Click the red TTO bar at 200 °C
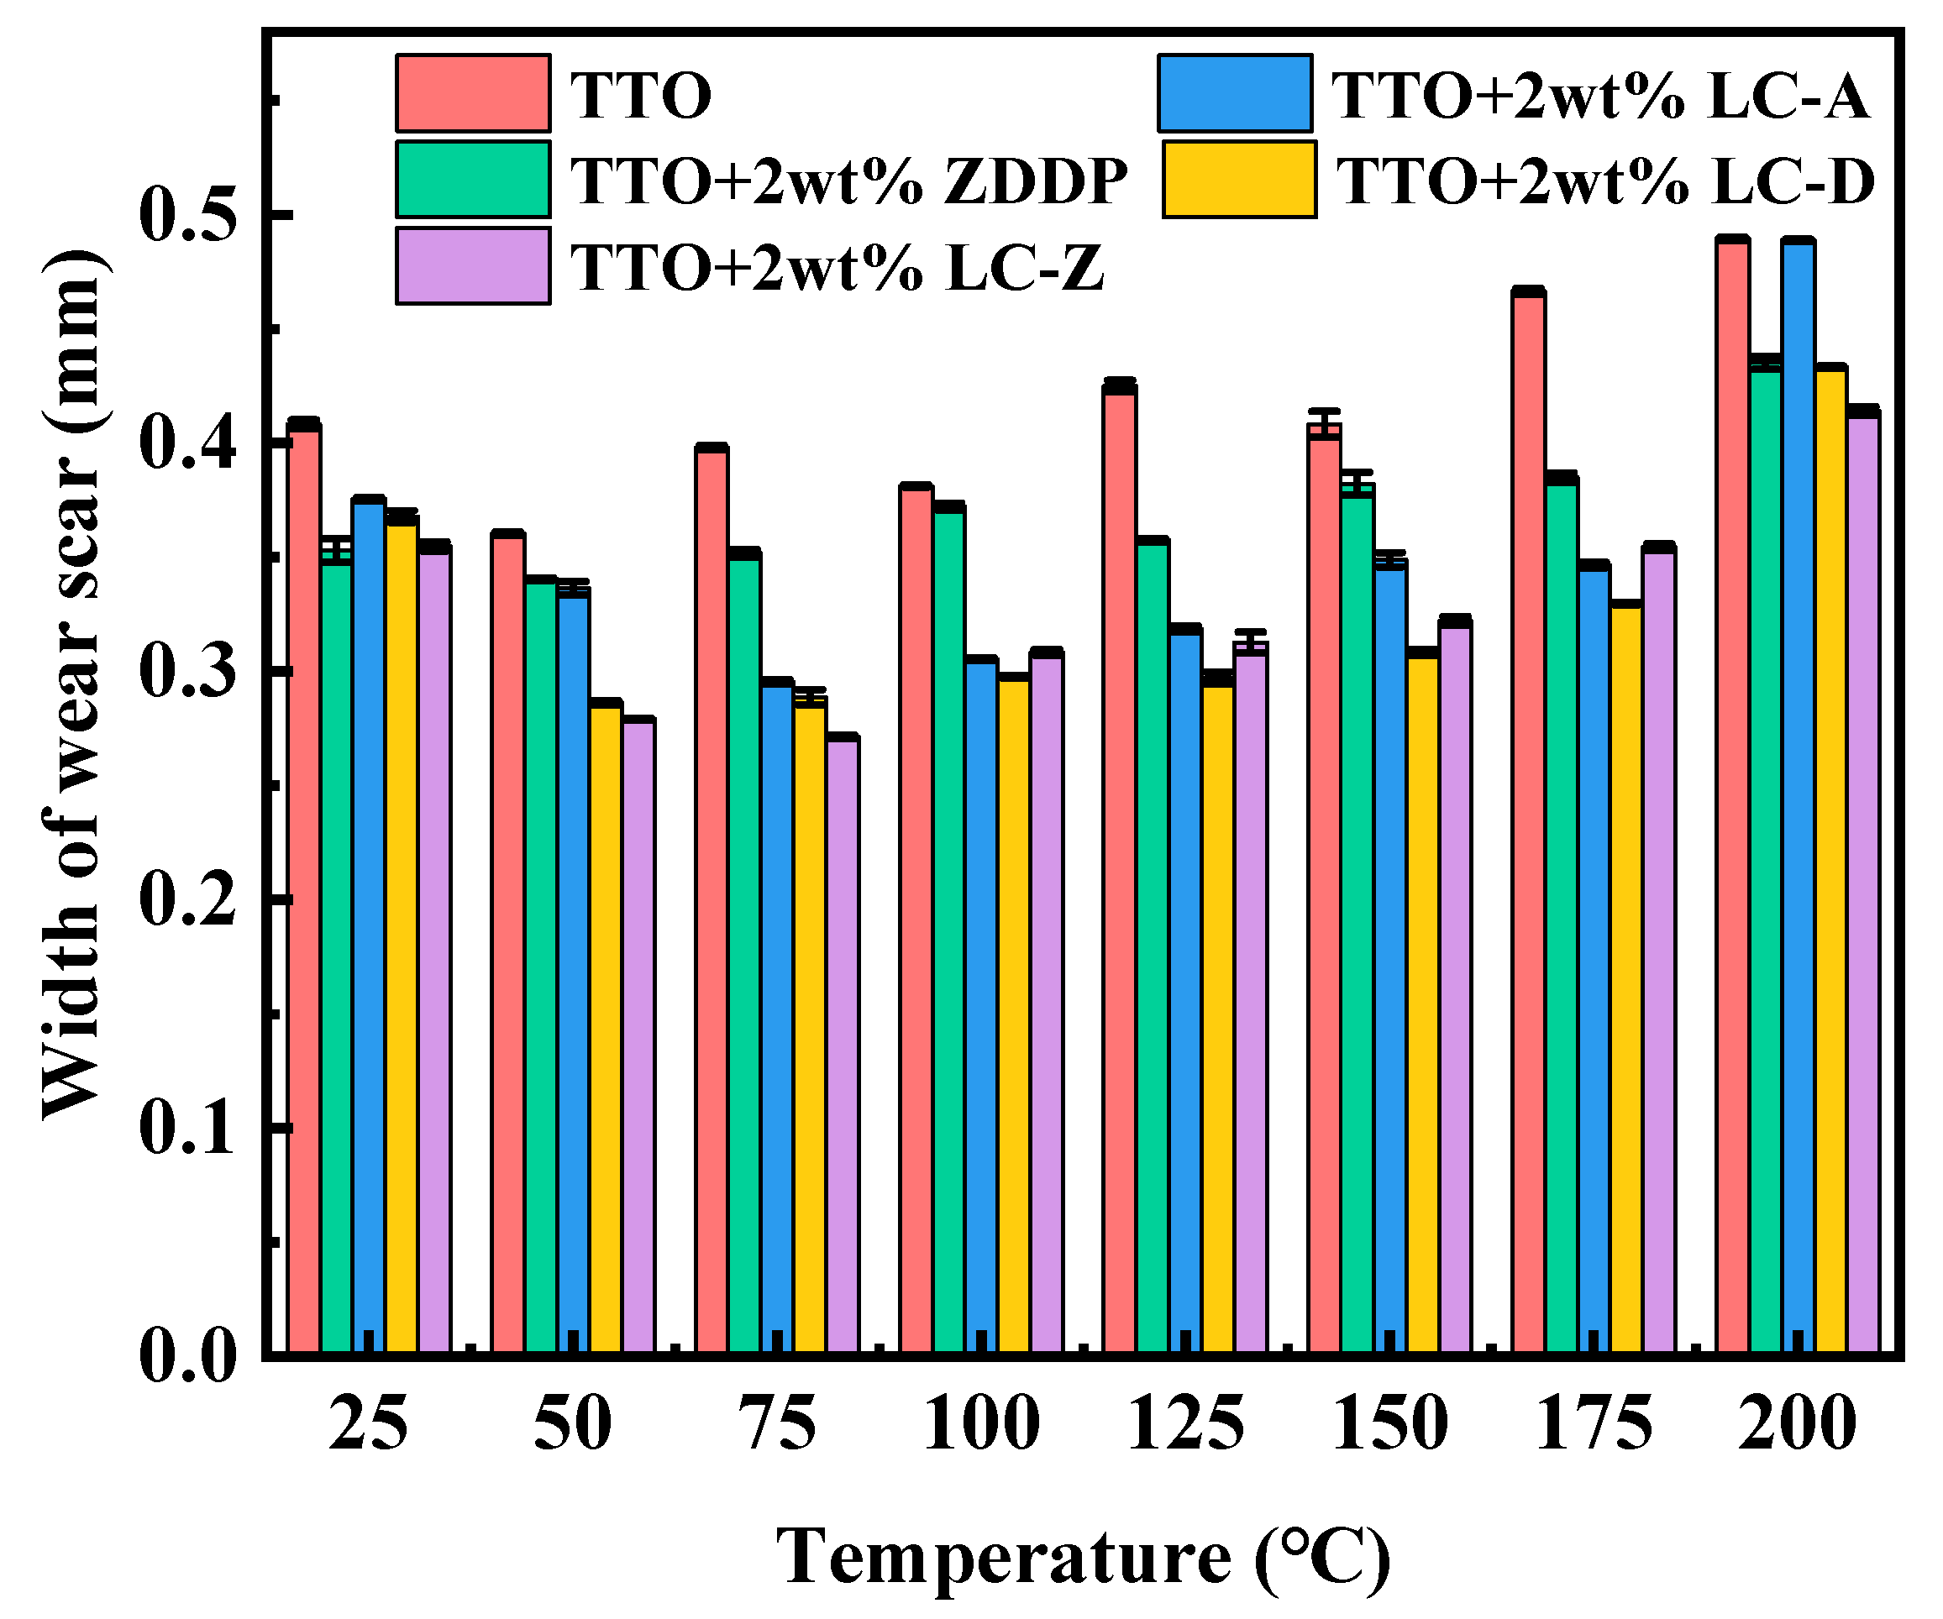[x=1732, y=795]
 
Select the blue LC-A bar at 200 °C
[x=1798, y=795]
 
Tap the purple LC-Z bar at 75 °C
[x=843, y=1045]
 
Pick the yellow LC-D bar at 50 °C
[x=606, y=1027]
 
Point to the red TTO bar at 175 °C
[x=1529, y=824]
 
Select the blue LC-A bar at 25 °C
[x=369, y=925]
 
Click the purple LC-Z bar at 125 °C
[x=1251, y=999]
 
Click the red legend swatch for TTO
[x=473, y=93]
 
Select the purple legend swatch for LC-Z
[x=473, y=265]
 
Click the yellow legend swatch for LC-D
[x=1239, y=180]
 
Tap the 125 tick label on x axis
[x=1185, y=1425]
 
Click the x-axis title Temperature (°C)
[x=1083, y=1557]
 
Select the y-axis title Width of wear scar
[x=72, y=684]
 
